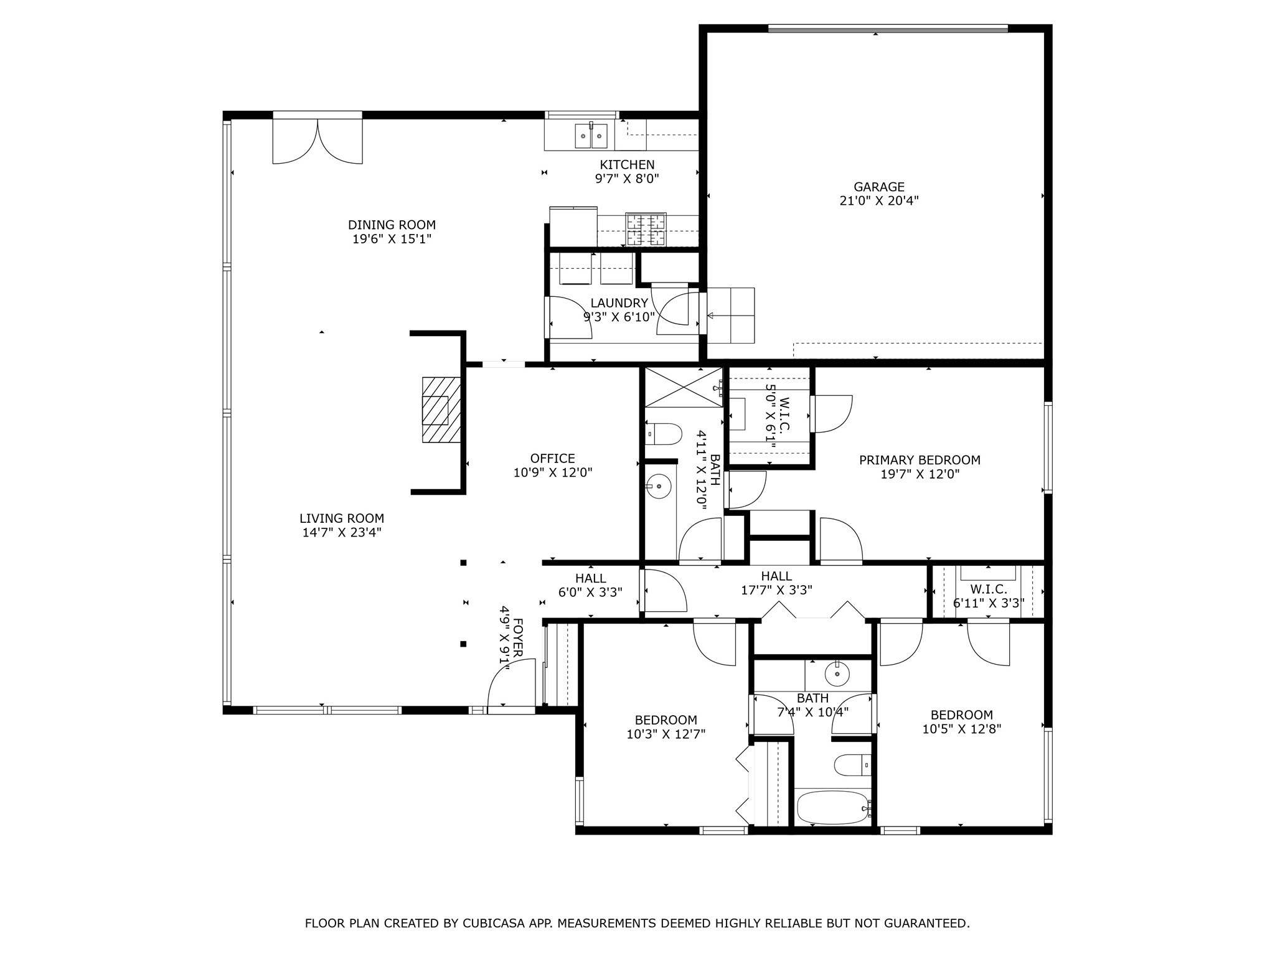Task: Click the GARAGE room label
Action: (x=878, y=187)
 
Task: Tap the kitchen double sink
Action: (x=590, y=136)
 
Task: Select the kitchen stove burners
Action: (x=646, y=229)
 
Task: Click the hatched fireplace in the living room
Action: (x=441, y=410)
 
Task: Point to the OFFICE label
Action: (x=552, y=459)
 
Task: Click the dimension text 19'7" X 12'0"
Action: (x=920, y=474)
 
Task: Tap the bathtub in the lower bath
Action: (x=832, y=808)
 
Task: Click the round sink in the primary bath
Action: (x=659, y=487)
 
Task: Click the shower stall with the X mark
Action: (x=683, y=387)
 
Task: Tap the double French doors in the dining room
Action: (x=318, y=142)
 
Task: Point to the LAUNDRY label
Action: (x=619, y=303)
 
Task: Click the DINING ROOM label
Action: (x=392, y=225)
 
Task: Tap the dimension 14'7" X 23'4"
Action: (x=341, y=533)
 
